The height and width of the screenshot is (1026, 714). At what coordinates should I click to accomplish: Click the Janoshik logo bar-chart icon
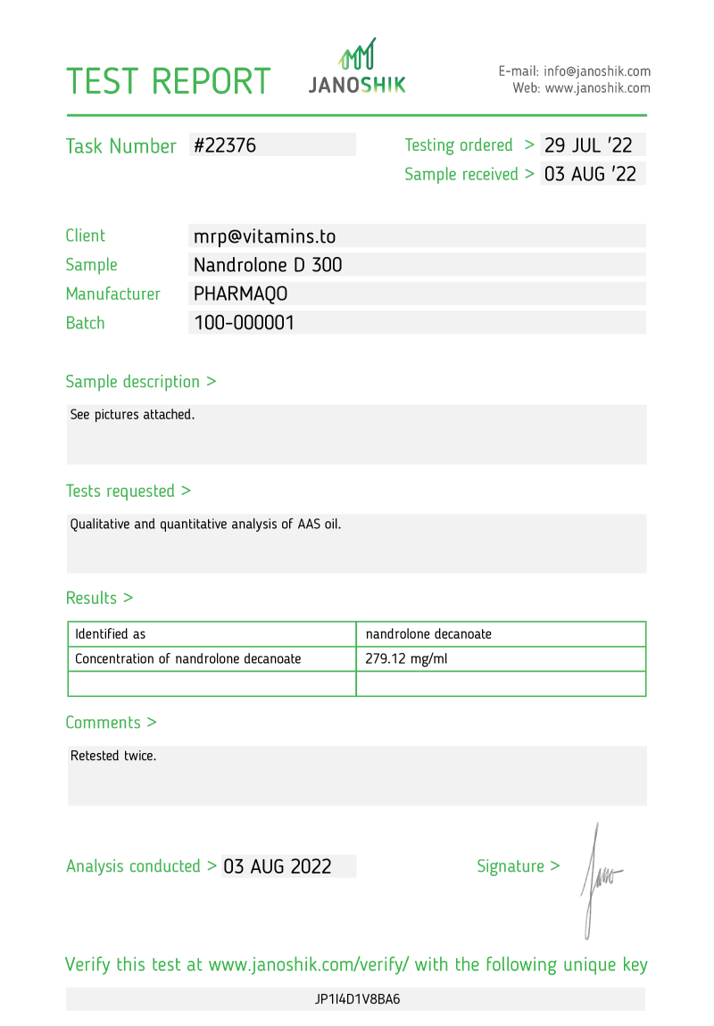click(x=357, y=54)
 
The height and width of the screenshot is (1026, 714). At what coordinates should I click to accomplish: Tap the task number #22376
click(x=225, y=145)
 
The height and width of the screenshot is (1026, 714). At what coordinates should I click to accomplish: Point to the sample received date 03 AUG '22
click(x=590, y=174)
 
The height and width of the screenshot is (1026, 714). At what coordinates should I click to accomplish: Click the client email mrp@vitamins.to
click(x=264, y=236)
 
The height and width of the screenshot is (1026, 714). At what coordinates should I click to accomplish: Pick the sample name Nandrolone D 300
click(x=268, y=265)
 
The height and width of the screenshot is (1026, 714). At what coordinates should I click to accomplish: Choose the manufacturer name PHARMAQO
click(x=240, y=294)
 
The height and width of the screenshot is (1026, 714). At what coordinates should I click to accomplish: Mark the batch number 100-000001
click(x=244, y=323)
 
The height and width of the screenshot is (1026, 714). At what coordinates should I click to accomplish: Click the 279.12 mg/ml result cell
click(x=401, y=659)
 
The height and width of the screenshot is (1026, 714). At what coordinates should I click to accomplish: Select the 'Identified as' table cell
click(x=110, y=634)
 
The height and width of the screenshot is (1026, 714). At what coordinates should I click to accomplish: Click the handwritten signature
click(x=598, y=879)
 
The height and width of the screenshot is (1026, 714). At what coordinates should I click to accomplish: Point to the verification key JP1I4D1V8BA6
click(x=357, y=999)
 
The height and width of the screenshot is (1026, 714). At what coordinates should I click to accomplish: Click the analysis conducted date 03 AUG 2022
click(x=278, y=866)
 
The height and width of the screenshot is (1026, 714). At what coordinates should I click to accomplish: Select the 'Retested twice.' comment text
click(x=113, y=756)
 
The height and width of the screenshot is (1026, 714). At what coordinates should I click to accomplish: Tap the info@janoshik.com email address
click(x=597, y=71)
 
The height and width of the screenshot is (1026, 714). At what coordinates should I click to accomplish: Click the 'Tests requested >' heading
click(x=128, y=491)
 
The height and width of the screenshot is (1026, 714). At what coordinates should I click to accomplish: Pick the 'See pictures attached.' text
click(x=132, y=415)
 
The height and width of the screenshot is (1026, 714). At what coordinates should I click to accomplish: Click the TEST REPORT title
click(x=169, y=81)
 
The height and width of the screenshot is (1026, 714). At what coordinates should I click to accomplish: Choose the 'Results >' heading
click(x=99, y=598)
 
